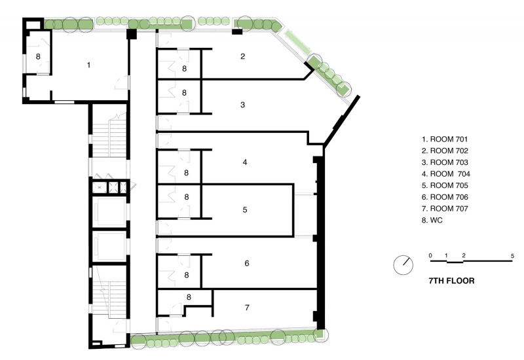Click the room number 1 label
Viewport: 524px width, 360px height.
(88, 65)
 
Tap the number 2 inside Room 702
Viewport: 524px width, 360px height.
(242, 56)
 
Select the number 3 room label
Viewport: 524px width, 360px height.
(242, 105)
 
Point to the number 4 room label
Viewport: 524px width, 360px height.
(245, 162)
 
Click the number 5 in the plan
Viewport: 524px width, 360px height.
(245, 209)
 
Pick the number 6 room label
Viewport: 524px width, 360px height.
(247, 263)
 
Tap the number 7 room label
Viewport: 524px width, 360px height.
(247, 307)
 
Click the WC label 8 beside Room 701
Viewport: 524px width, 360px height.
(38, 56)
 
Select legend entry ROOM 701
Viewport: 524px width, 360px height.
(445, 139)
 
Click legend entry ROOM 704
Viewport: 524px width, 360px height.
(446, 173)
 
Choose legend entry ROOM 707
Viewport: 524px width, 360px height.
(445, 208)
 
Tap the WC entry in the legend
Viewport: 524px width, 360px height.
(432, 220)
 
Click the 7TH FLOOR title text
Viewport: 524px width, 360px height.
(451, 281)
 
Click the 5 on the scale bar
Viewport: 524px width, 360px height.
(512, 256)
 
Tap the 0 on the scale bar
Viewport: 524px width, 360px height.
(430, 256)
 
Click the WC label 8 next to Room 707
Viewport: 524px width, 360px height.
(189, 297)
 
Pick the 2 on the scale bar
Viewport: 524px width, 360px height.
(464, 256)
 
